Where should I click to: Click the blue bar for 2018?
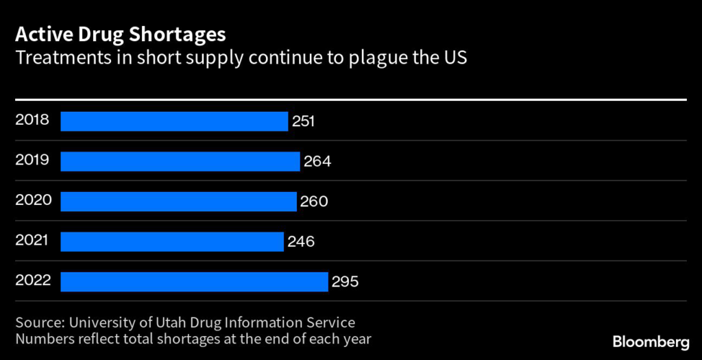(174, 121)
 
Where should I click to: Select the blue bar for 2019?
(180, 161)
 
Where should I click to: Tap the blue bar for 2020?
(178, 202)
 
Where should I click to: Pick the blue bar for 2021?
(172, 241)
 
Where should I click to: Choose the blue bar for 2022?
(194, 281)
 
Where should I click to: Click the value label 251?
(303, 121)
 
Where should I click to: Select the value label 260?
(314, 202)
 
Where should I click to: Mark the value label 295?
(346, 281)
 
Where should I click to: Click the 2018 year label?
(32, 120)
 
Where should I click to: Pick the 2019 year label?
(32, 160)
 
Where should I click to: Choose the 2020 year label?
(32, 200)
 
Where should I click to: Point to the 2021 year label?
(32, 240)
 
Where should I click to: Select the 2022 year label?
(32, 280)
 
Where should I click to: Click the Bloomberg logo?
(651, 341)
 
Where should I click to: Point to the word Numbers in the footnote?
(43, 338)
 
